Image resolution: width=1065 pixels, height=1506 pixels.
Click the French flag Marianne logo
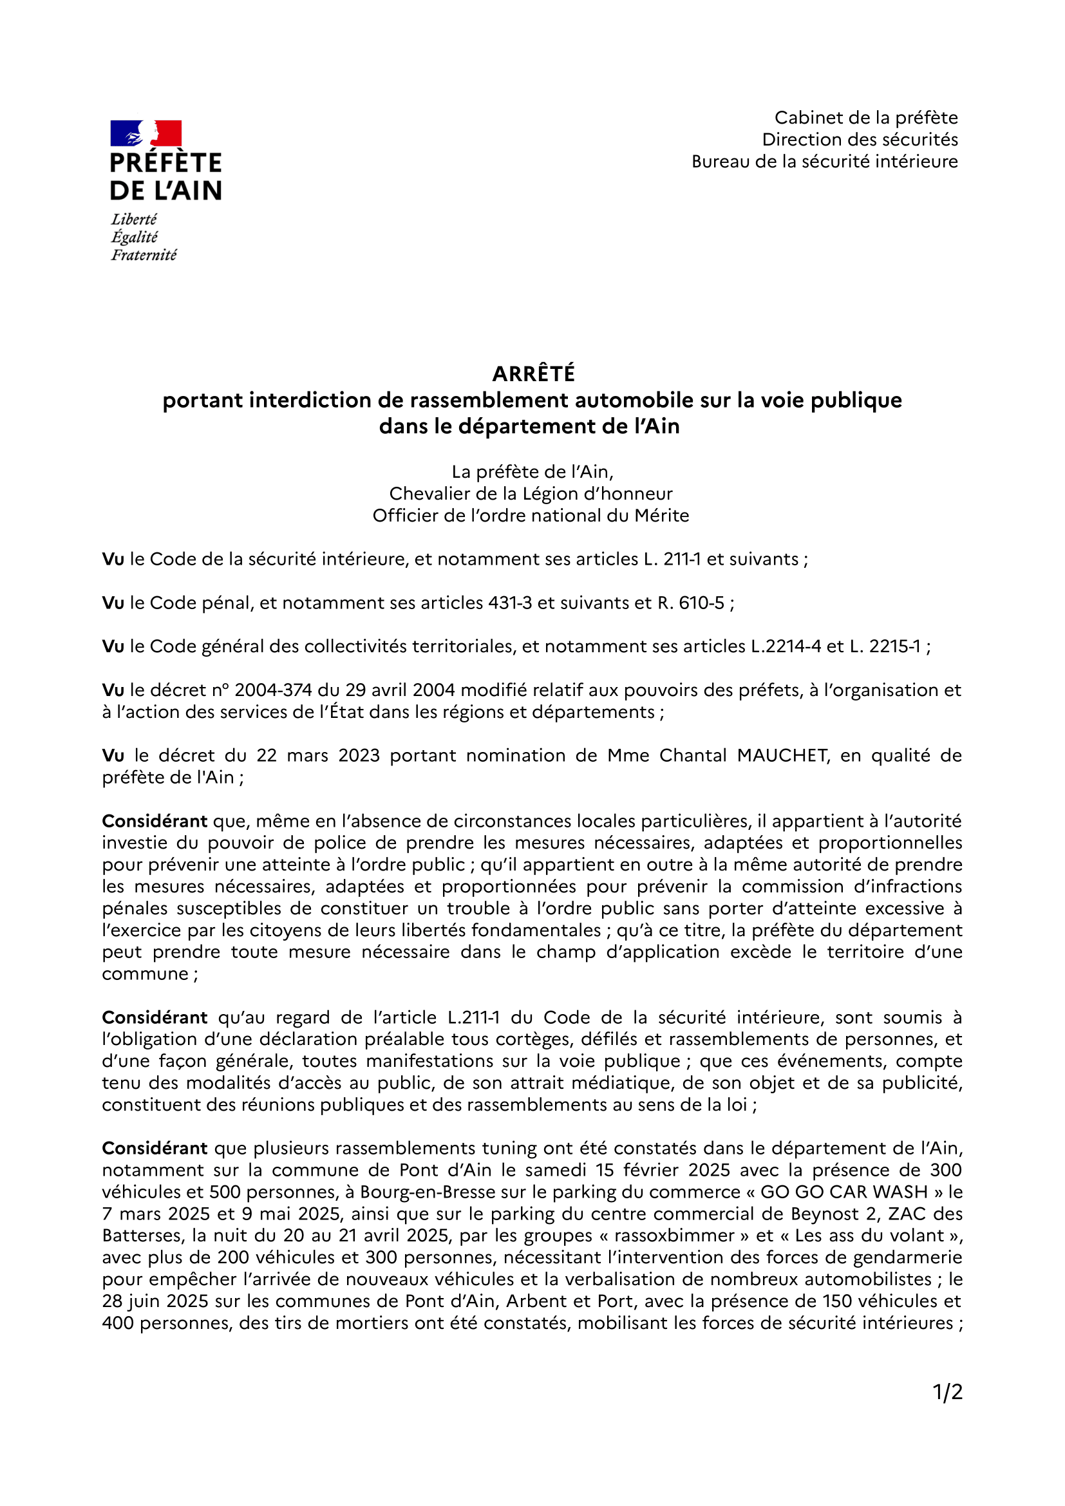tap(146, 133)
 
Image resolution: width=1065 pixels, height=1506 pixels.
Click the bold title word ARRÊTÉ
tap(533, 374)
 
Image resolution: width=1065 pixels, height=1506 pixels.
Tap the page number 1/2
tap(948, 1391)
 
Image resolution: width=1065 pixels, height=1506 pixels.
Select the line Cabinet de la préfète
tap(865, 118)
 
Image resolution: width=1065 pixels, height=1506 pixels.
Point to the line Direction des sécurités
tap(859, 140)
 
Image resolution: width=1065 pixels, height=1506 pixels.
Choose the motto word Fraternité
tap(144, 255)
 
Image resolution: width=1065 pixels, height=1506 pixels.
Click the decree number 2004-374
tap(273, 690)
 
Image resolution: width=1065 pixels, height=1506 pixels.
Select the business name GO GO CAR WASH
tap(844, 1192)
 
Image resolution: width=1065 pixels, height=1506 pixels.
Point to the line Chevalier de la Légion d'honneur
tap(531, 494)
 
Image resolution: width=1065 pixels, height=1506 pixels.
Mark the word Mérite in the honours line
tap(662, 516)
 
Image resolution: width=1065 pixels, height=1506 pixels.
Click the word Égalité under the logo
tap(135, 238)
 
